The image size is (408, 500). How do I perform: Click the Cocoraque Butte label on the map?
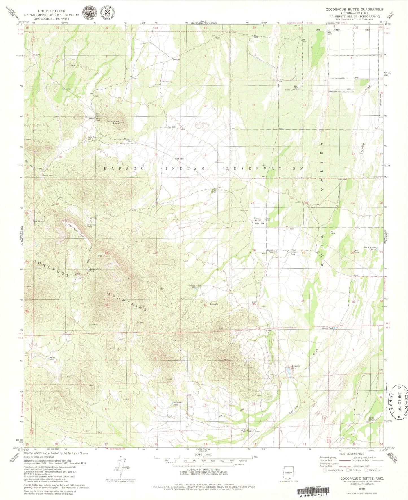click(113, 122)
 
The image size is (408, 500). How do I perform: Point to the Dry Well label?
click(172, 127)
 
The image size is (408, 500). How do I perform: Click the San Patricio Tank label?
click(369, 248)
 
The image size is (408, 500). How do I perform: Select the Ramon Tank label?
click(270, 251)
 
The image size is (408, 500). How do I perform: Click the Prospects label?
click(214, 304)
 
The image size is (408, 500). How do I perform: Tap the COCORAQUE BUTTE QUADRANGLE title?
click(354, 9)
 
